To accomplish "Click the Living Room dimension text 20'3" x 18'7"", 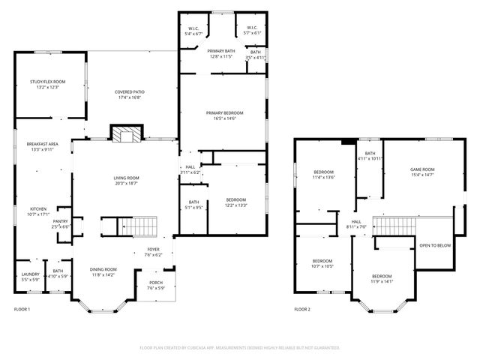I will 127,183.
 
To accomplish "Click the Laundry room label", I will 30,274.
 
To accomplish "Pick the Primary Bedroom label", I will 226,113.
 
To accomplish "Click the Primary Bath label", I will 221,51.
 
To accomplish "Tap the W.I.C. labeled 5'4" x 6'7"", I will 193,30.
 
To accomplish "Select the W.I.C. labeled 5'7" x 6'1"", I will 251,30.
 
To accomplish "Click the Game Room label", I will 422,169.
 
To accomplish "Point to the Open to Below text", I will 435,245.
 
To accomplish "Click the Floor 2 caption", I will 301,309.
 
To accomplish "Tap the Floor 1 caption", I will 22,309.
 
